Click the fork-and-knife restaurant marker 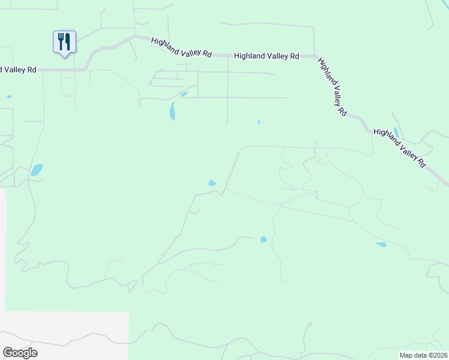click(x=64, y=42)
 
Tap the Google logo click(x=20, y=353)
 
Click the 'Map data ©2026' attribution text click(x=424, y=355)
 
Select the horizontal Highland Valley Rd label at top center click(x=267, y=56)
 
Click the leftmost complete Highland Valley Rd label click(x=182, y=47)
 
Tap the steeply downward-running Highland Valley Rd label click(x=333, y=87)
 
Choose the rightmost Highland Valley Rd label click(x=400, y=148)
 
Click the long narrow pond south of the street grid click(x=172, y=111)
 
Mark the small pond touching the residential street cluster click(x=184, y=94)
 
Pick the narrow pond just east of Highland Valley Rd click(x=396, y=133)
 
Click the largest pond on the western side click(x=37, y=170)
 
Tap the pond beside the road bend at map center click(x=212, y=183)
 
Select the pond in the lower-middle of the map click(x=263, y=239)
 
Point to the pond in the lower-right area click(x=381, y=244)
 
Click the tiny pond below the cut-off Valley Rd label click(x=9, y=97)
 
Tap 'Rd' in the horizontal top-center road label click(x=294, y=56)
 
